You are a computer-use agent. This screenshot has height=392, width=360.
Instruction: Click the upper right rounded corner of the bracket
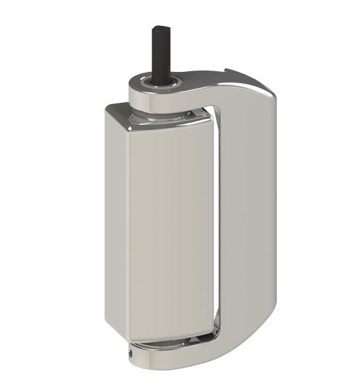click(x=269, y=94)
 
